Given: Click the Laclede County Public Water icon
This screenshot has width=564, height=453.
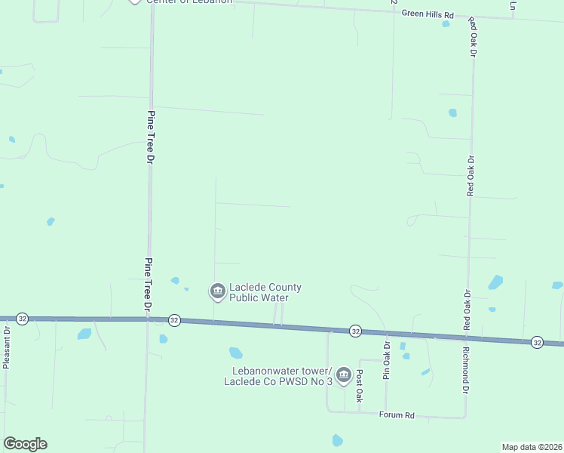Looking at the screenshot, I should pos(217,291).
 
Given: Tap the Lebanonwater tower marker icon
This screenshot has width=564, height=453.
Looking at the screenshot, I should pos(344,374).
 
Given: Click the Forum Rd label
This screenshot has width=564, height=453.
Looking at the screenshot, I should pos(397,415).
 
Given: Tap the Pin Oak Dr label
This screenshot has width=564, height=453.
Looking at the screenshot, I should pos(386,360).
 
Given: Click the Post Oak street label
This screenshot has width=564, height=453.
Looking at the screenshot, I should pos(360,385).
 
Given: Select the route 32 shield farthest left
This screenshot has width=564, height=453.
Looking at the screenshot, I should pos(23,319).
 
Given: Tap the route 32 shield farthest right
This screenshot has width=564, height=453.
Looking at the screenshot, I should pos(537,342).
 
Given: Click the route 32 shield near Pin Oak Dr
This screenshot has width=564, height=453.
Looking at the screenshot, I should pos(355,331).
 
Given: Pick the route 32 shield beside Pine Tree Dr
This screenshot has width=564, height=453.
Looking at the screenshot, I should pos(174,320).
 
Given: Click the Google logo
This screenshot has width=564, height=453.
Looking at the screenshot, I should pos(25,444).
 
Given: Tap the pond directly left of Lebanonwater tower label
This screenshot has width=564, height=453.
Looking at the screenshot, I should pos(236,353).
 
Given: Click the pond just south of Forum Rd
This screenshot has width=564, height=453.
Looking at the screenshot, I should pos(337,440).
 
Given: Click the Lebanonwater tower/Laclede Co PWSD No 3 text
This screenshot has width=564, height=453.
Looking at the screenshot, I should pos(278,376).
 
